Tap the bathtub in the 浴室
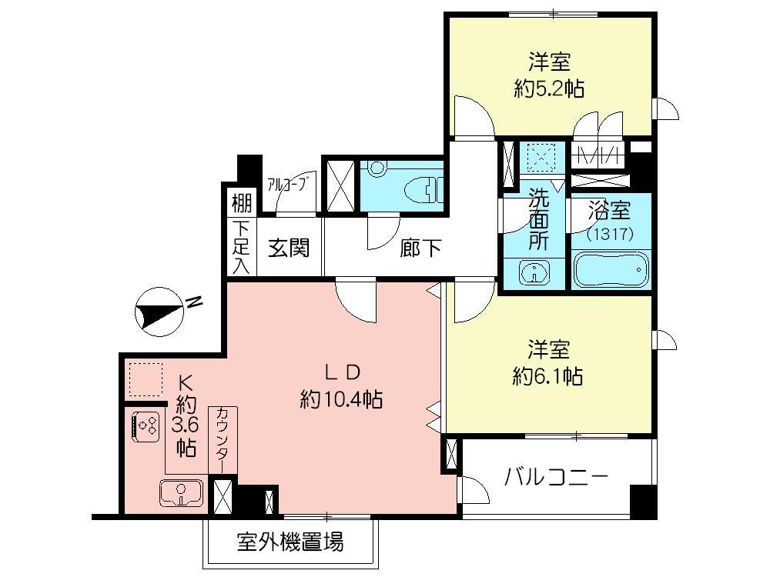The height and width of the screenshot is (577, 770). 611,270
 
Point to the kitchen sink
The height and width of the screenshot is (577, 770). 181,491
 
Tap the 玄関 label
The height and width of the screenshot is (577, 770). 289,248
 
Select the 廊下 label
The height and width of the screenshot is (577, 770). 420,248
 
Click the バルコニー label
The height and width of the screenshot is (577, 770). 556,477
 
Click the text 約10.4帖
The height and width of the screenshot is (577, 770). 342,400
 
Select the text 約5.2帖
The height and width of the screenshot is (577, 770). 549,88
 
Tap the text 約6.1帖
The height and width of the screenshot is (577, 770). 548,376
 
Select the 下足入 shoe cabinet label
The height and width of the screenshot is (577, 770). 240,248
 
